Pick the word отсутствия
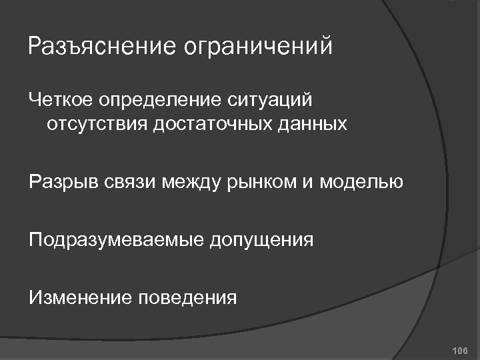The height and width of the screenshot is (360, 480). pyautogui.click(x=97, y=125)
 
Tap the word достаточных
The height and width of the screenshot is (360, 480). pyautogui.click(x=213, y=125)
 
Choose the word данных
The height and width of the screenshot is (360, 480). pyautogui.click(x=316, y=125)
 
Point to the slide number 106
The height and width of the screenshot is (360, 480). pyautogui.click(x=460, y=350)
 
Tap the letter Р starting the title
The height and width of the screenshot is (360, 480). pyautogui.click(x=35, y=47)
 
